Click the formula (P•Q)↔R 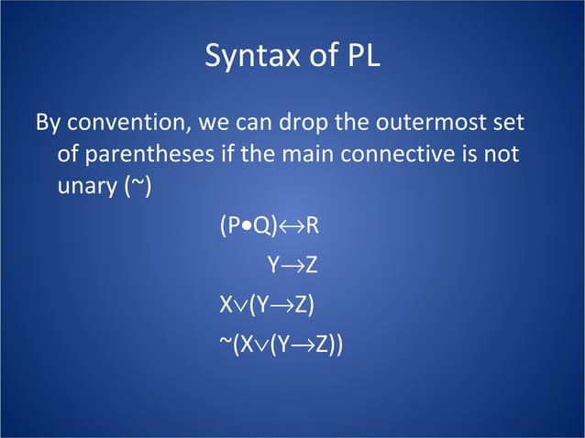[268, 226]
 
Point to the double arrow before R [291, 226]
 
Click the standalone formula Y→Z [292, 266]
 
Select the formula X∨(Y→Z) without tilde [266, 304]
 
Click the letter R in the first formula [311, 226]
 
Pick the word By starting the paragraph [48, 122]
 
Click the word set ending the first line [520, 122]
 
